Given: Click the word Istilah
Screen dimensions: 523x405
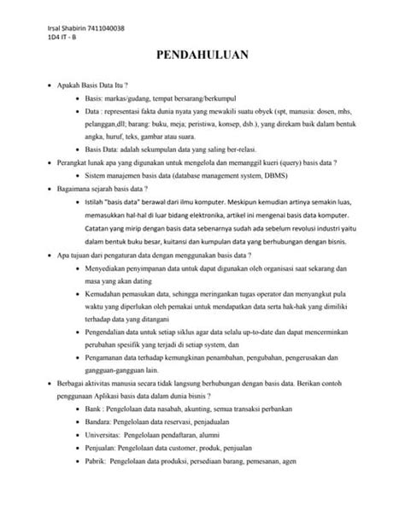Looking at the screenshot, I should tap(95, 196).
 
